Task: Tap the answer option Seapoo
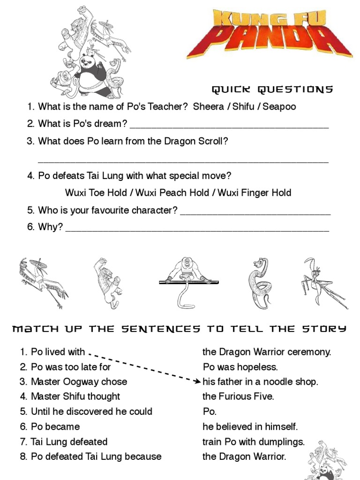[x=279, y=106]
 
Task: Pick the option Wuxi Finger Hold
[x=255, y=193]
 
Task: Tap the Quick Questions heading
[x=272, y=90]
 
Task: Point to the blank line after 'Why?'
[x=197, y=230]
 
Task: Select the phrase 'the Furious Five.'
[x=238, y=397]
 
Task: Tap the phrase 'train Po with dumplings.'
[x=254, y=442]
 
